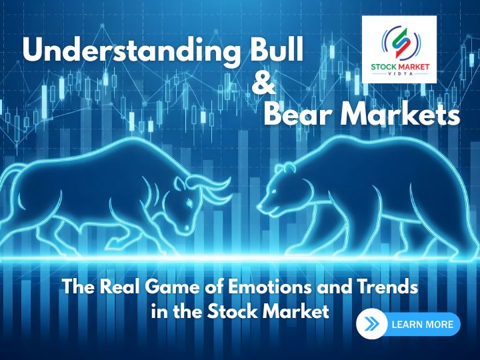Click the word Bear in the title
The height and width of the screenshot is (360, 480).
[299, 115]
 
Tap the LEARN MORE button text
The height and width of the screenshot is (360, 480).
[423, 325]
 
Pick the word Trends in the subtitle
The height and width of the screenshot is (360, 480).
[386, 289]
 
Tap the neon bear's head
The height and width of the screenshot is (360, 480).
[280, 187]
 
